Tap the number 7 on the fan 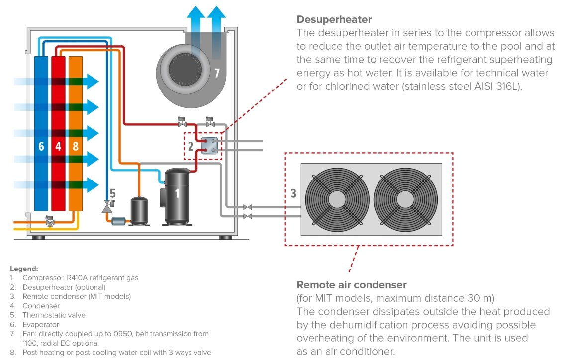point(217,74)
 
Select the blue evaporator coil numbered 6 point(41,133)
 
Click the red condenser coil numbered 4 point(58,133)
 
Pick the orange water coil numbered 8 point(75,133)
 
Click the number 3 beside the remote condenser point(293,193)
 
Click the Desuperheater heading point(334,20)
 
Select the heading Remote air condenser point(352,285)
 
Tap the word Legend point(24,269)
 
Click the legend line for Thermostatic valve point(54,315)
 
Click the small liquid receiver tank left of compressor point(139,211)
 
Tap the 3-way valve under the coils point(50,222)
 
